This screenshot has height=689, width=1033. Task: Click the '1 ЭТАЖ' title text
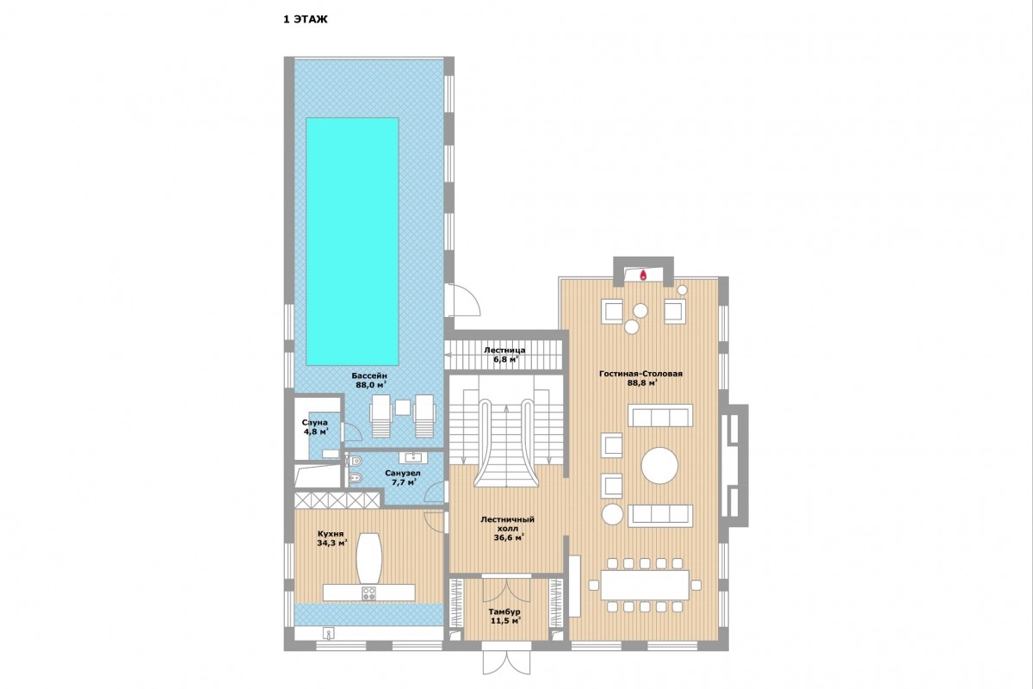coord(306,20)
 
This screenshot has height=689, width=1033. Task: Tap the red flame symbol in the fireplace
coord(642,276)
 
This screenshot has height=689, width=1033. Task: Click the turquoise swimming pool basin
coord(352,241)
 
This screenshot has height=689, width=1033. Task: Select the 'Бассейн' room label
coord(370,376)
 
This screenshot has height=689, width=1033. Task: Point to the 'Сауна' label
coord(314,423)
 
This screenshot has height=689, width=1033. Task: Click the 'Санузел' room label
coord(403,474)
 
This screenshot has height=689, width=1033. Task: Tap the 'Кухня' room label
coord(331,534)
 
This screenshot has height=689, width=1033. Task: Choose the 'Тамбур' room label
coord(504,612)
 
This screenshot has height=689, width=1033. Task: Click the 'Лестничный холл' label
coord(507,524)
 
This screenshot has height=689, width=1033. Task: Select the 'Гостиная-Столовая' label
coord(640,374)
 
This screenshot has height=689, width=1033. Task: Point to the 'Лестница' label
coord(504,351)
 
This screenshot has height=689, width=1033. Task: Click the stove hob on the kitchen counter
coord(369,593)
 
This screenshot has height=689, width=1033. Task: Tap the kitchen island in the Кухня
coord(369,559)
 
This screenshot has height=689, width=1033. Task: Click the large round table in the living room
coord(659,465)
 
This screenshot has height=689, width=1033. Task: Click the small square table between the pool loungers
coord(403,407)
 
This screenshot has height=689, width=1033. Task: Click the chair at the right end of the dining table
coord(696,585)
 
